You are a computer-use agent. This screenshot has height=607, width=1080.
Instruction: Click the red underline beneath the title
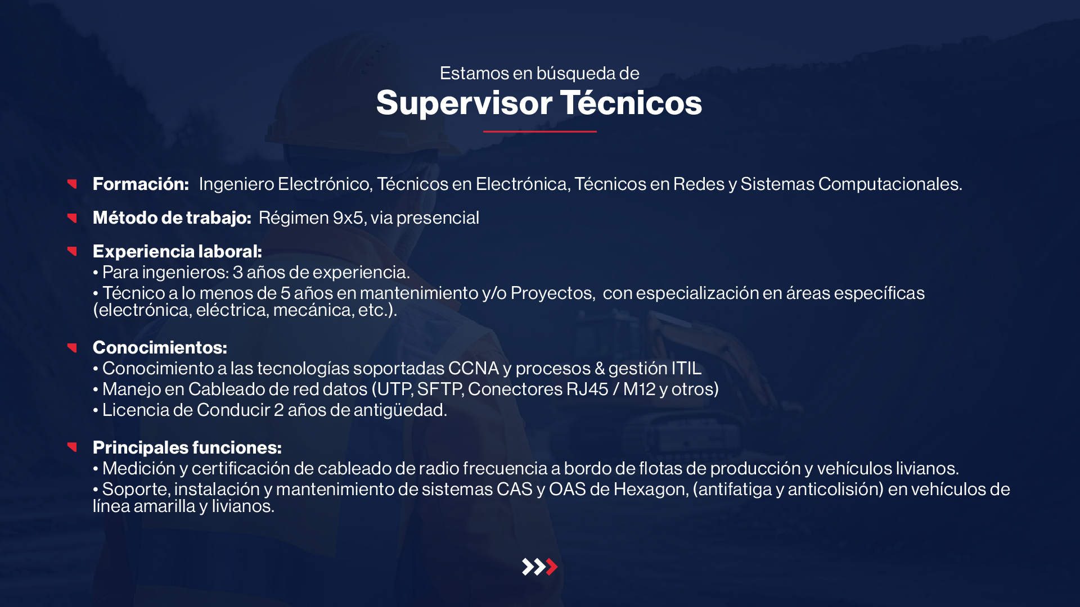pos(540,132)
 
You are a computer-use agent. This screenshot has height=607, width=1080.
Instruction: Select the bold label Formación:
pos(141,184)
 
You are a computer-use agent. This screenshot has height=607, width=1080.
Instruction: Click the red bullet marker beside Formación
pos(72,184)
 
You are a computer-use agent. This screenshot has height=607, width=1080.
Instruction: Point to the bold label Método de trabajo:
pos(172,218)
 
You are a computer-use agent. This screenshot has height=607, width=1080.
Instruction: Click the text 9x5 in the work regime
pos(349,218)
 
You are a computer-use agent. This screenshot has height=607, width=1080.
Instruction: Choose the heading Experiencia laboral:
pos(177,251)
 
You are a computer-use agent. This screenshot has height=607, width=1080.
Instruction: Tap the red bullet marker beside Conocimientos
pos(72,348)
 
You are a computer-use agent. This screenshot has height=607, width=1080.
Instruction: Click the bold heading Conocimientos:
pos(160,347)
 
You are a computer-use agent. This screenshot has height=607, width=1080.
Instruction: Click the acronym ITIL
pos(686,368)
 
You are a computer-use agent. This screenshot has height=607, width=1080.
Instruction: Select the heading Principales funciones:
pos(187,447)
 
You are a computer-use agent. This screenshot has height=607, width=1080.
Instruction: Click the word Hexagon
pos(651,490)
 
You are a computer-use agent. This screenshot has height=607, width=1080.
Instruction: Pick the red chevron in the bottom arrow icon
pos(552,567)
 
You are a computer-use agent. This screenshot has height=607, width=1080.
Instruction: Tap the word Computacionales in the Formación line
pos(890,184)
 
